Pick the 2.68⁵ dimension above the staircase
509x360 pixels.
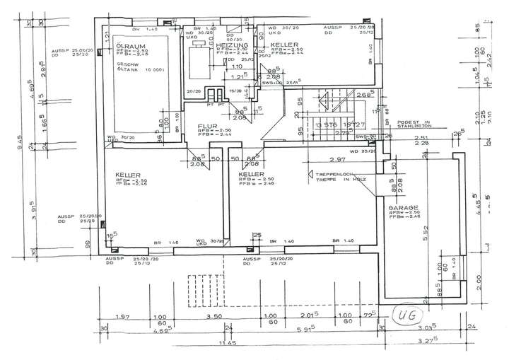[x=346, y=95]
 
